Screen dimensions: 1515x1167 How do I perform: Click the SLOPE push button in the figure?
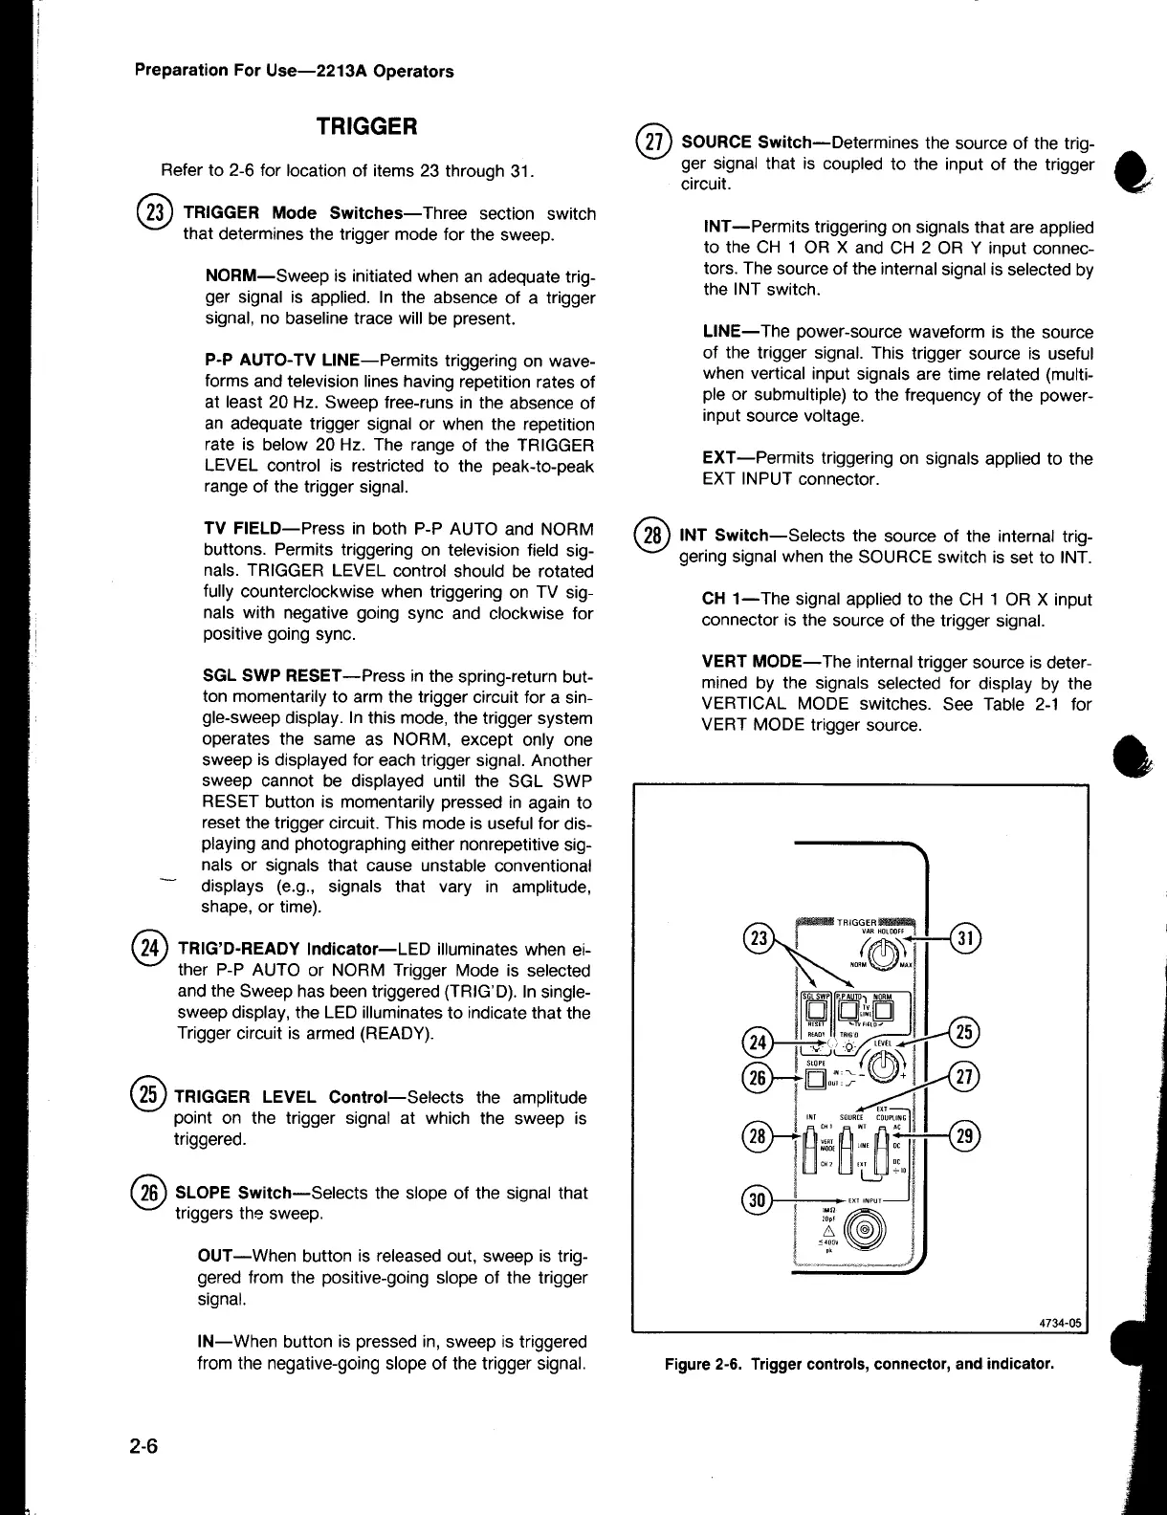tap(815, 1080)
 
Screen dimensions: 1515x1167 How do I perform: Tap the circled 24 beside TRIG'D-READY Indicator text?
tap(150, 950)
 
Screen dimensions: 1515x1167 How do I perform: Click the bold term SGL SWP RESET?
tap(268, 676)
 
